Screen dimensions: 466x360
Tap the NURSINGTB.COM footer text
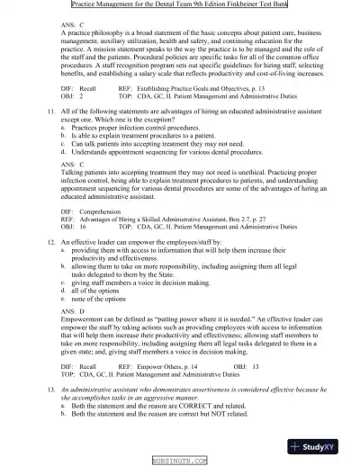point(179,460)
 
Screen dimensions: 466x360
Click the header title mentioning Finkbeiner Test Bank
point(179,5)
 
